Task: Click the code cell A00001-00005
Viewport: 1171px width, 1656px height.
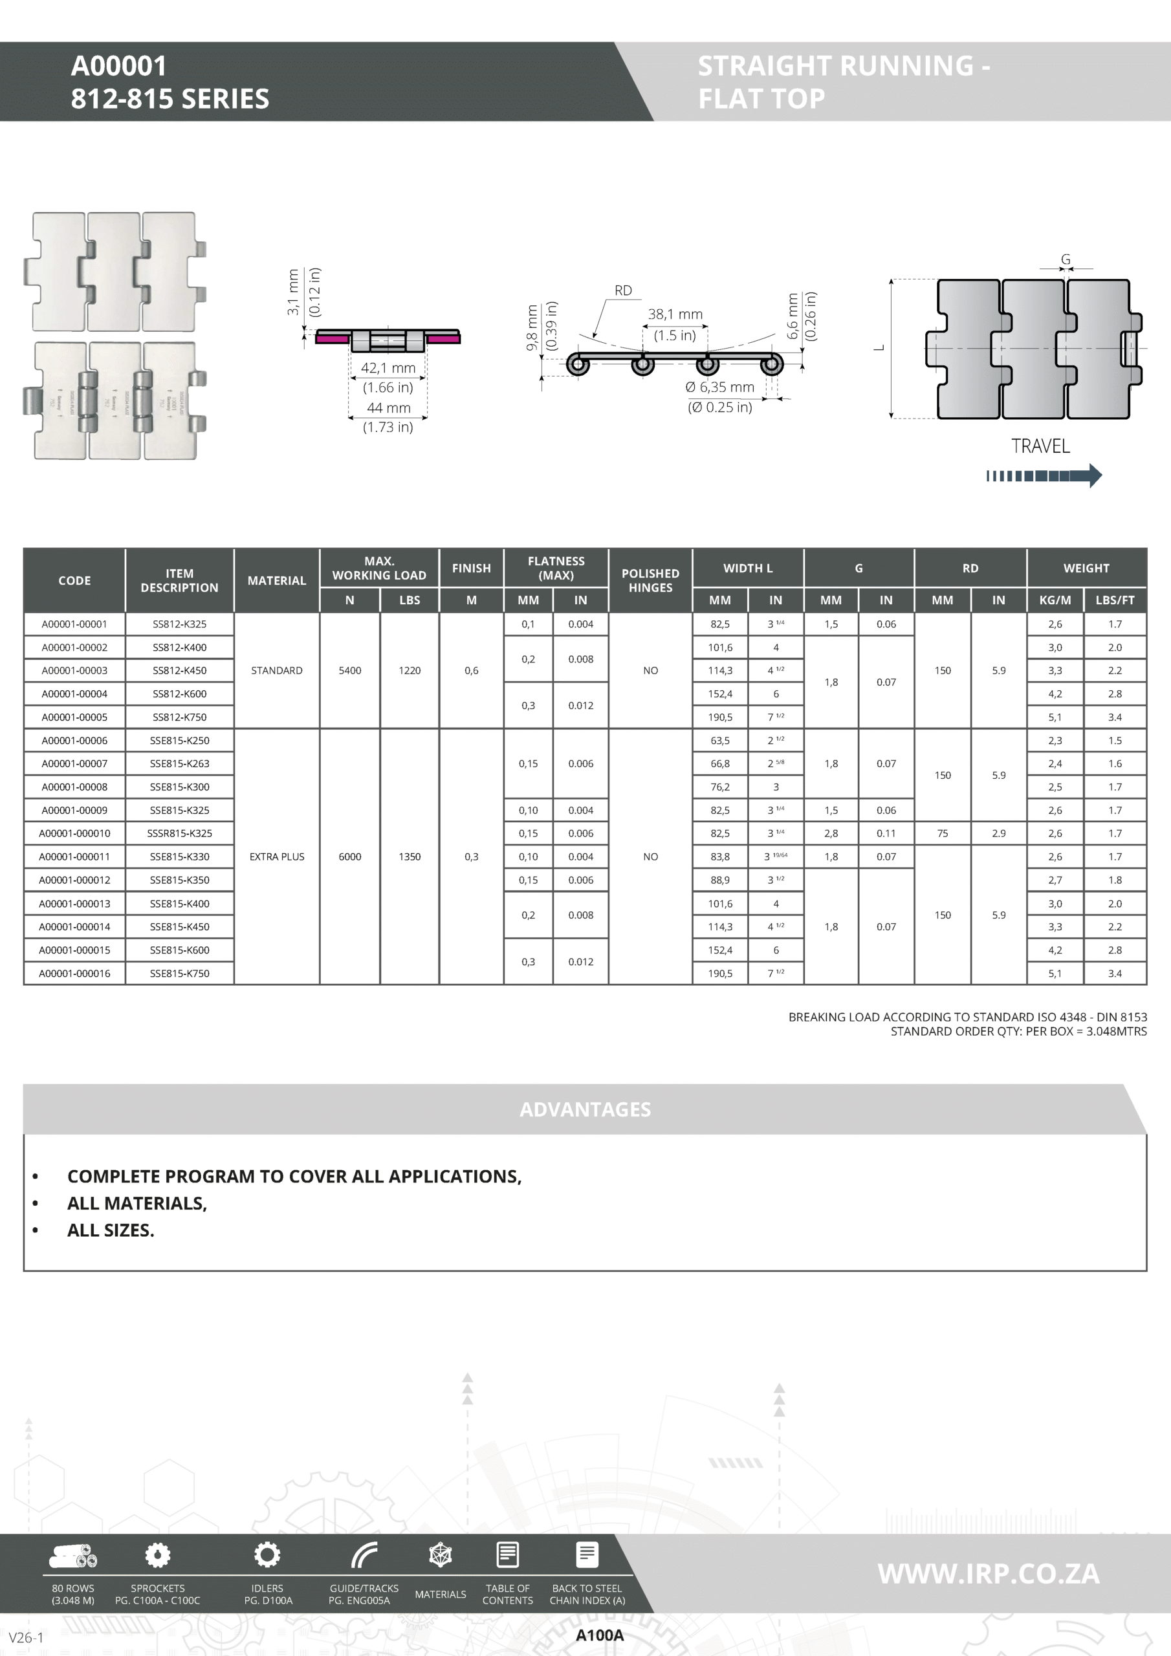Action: pyautogui.click(x=74, y=717)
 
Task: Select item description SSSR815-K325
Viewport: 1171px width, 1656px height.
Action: pyautogui.click(x=180, y=833)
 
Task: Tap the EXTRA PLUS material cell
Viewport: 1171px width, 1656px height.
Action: pyautogui.click(x=277, y=857)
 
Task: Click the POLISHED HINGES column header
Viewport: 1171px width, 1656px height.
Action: pyautogui.click(x=650, y=581)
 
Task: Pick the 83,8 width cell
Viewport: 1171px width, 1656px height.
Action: pyautogui.click(x=720, y=857)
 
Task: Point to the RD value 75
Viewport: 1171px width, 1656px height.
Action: pyautogui.click(x=942, y=833)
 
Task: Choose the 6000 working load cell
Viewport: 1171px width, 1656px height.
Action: pyautogui.click(x=350, y=857)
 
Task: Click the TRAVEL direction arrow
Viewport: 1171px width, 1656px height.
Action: pyautogui.click(x=1044, y=475)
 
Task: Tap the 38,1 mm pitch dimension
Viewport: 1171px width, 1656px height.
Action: pyautogui.click(x=675, y=314)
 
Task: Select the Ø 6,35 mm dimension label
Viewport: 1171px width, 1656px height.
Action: pyautogui.click(x=720, y=387)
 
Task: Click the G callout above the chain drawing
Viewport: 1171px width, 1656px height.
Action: pyautogui.click(x=1066, y=259)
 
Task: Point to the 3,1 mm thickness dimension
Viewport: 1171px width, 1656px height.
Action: pyautogui.click(x=293, y=292)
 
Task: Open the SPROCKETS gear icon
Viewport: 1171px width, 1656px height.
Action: pyautogui.click(x=158, y=1555)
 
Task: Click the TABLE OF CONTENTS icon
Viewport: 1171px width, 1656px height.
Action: pyautogui.click(x=508, y=1555)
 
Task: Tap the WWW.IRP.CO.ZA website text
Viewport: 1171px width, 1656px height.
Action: pyautogui.click(x=989, y=1574)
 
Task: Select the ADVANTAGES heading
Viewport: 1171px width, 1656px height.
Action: pyautogui.click(x=585, y=1109)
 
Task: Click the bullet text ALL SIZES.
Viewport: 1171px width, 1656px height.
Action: pyautogui.click(x=111, y=1230)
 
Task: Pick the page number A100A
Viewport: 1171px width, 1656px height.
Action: pyautogui.click(x=600, y=1636)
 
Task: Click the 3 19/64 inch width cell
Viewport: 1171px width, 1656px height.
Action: pyautogui.click(x=776, y=857)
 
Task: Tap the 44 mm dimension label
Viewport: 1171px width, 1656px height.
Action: pyautogui.click(x=388, y=408)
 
